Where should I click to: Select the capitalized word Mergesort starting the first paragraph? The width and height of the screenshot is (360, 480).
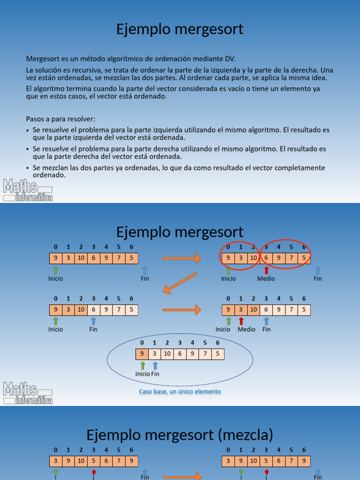point(42,59)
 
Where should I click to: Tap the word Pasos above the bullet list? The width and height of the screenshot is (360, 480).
point(36,119)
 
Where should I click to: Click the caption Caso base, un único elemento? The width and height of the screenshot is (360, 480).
point(180,391)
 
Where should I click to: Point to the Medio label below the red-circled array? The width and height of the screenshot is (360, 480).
point(266,278)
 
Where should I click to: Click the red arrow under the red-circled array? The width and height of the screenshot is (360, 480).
point(266,270)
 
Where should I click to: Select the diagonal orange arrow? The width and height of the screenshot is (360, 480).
point(180,283)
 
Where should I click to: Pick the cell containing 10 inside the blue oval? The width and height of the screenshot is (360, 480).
point(167,354)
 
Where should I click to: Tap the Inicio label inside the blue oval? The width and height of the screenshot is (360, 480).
point(142,374)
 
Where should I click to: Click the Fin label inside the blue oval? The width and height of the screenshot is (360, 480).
point(155,374)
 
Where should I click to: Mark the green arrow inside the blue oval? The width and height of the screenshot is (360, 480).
point(142,366)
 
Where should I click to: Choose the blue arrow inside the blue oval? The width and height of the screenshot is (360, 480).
point(155,366)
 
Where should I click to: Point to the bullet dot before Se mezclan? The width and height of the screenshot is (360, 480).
point(28,168)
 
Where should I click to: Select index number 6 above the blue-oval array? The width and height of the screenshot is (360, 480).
point(217,343)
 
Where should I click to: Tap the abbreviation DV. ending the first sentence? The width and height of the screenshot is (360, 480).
point(229,59)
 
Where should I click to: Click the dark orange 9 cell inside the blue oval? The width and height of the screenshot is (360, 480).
point(142,354)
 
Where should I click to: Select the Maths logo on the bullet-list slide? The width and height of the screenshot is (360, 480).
point(28,190)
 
